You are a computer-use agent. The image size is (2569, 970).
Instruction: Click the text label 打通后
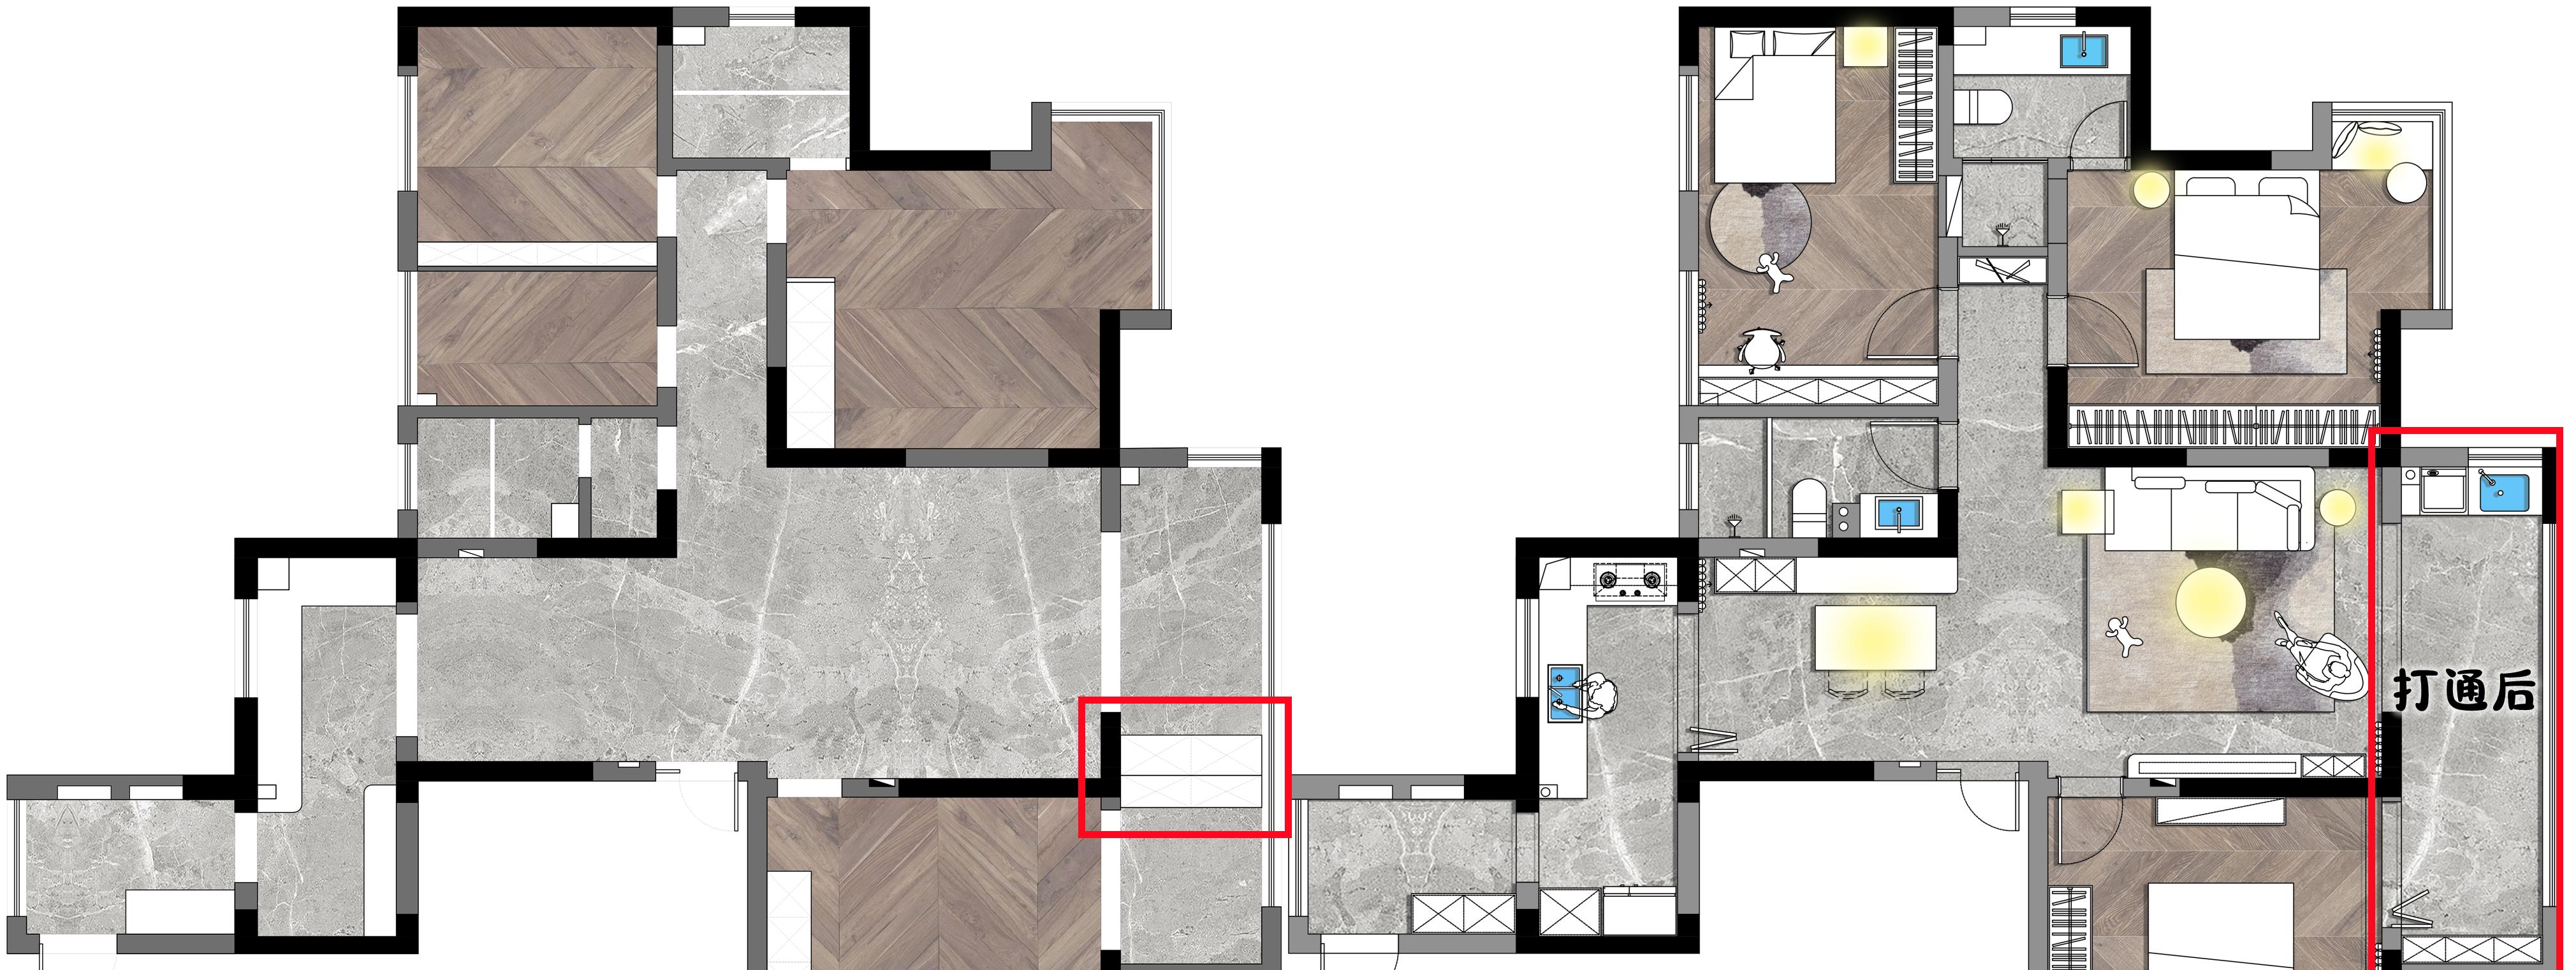click(2463, 691)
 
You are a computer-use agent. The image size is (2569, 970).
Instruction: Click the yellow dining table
click(1875, 638)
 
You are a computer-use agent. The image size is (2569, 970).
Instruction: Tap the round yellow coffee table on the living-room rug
click(2210, 602)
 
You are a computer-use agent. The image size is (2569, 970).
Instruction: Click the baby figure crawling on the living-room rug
click(2121, 635)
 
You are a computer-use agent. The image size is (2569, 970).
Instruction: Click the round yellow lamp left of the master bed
click(2151, 189)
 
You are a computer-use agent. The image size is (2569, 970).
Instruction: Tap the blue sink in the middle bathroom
click(1898, 514)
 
